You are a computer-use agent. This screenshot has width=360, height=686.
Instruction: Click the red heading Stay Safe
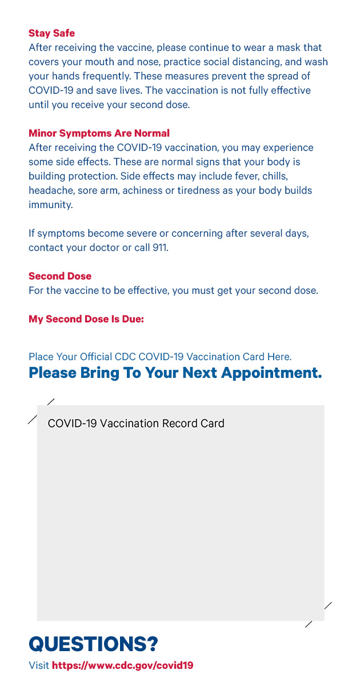(x=51, y=33)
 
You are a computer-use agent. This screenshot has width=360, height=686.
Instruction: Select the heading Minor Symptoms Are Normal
(x=99, y=133)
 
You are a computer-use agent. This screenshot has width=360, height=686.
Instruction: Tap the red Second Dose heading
(x=60, y=276)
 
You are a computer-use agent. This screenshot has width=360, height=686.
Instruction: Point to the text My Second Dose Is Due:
(x=86, y=319)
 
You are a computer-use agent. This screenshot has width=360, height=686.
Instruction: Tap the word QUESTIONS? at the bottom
(x=93, y=644)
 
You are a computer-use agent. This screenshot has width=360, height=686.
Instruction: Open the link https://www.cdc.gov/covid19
(x=122, y=665)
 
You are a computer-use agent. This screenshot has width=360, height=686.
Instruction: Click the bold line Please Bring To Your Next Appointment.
(x=175, y=373)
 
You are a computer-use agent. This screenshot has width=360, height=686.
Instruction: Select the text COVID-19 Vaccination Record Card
(x=136, y=424)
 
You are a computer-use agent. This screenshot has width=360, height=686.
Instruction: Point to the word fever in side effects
(x=247, y=176)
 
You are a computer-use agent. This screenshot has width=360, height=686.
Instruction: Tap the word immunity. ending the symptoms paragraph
(x=51, y=205)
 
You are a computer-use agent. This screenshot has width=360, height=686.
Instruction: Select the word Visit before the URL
(x=39, y=665)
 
